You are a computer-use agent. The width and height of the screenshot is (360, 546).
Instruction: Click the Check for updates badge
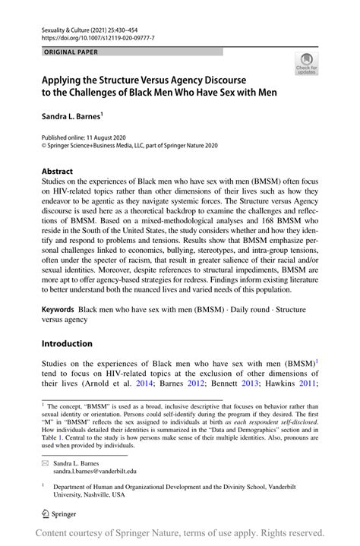tap(306, 64)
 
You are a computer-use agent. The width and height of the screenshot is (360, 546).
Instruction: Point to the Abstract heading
tap(57, 172)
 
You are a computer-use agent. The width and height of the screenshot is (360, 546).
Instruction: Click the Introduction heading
tap(66, 343)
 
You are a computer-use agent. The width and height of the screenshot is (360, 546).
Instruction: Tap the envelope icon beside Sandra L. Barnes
tap(45, 461)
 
